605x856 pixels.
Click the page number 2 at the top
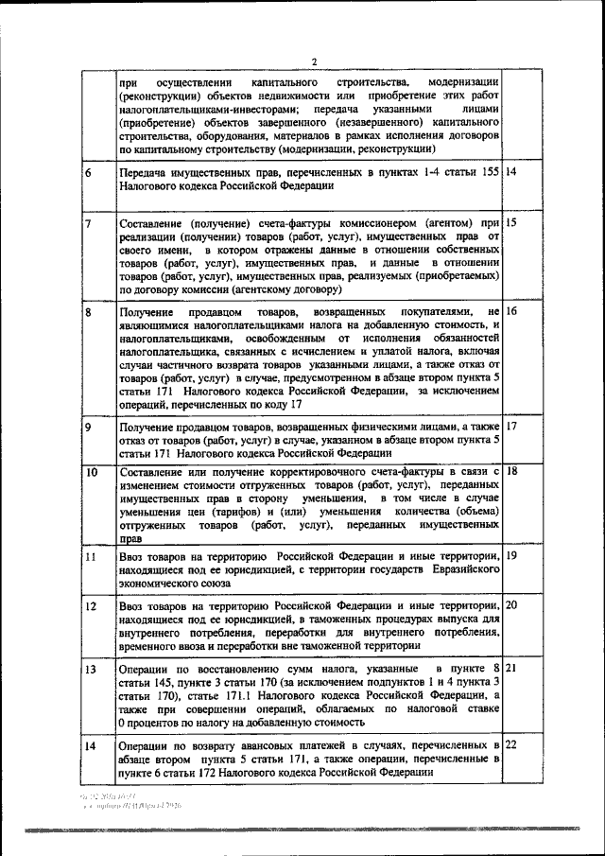point(314,62)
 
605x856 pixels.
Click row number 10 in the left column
point(92,471)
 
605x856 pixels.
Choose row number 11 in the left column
point(91,557)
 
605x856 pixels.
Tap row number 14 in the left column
point(92,747)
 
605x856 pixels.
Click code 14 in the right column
point(511,173)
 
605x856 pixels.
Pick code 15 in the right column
point(511,223)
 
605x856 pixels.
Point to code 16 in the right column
point(511,311)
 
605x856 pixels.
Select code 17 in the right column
point(511,427)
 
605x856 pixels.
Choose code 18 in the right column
point(511,470)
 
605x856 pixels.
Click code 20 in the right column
point(511,605)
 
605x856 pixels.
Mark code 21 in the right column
point(511,669)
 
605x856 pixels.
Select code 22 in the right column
point(511,746)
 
